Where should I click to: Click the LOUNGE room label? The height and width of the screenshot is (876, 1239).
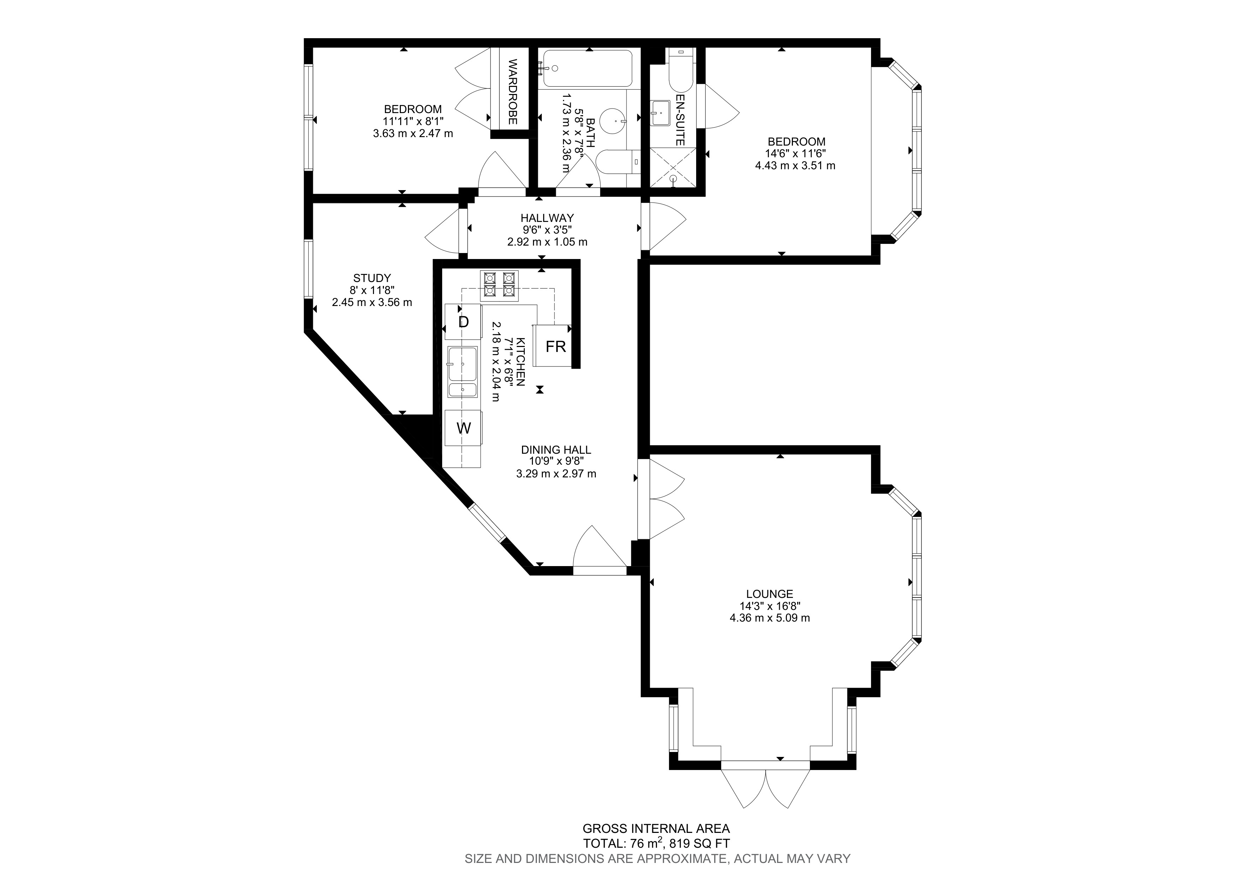click(770, 594)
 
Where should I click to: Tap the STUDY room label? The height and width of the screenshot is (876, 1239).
click(372, 278)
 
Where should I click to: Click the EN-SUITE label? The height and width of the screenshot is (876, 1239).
click(680, 120)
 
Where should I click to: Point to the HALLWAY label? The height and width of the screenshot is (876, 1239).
click(547, 218)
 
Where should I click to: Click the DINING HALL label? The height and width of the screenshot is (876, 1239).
click(556, 449)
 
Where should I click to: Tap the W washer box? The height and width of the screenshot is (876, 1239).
click(463, 428)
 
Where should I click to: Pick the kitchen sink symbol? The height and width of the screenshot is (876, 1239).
click(462, 372)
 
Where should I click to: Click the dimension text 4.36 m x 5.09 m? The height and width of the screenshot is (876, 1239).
click(770, 618)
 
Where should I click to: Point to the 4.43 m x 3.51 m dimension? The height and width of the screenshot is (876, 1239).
click(795, 166)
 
